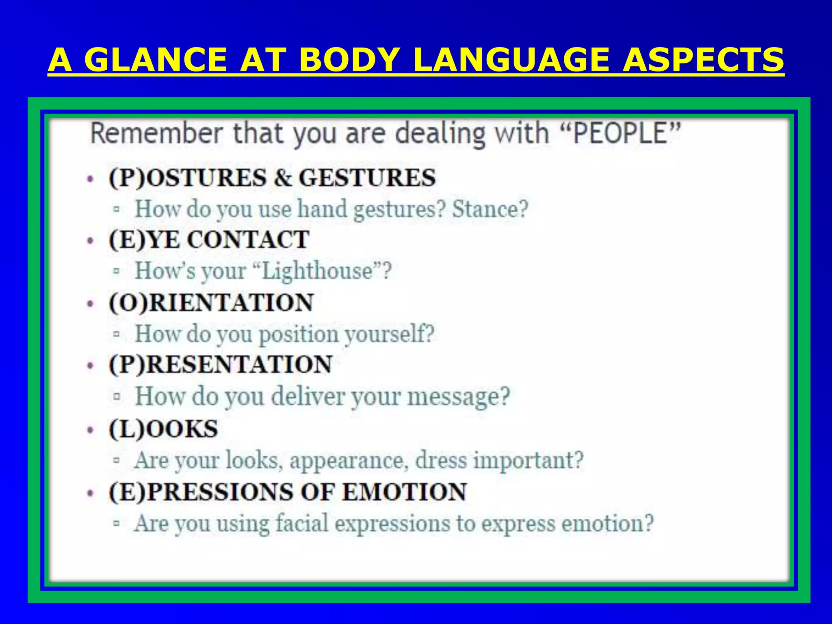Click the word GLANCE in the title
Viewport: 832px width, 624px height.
point(156,60)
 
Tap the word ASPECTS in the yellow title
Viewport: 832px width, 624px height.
point(703,60)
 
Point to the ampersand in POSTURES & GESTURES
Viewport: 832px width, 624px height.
point(283,178)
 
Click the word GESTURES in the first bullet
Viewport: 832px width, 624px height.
point(367,178)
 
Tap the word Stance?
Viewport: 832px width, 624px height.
point(490,209)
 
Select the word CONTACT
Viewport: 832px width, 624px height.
point(248,239)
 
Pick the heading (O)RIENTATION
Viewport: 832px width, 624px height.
point(211,303)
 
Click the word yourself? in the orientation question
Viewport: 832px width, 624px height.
point(389,334)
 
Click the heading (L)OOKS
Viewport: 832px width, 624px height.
point(163,429)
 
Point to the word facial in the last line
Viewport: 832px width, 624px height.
point(302,524)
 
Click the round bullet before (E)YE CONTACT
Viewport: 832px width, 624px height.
point(91,241)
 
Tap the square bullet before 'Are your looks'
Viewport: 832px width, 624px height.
point(117,461)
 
